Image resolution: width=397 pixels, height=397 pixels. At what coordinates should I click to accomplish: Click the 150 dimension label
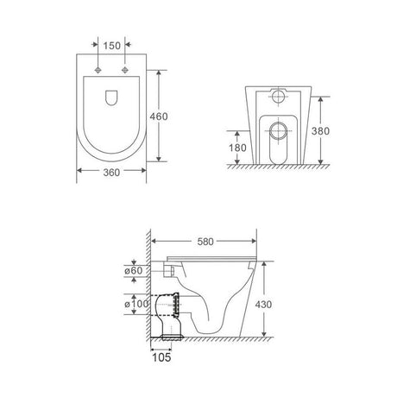click(x=111, y=46)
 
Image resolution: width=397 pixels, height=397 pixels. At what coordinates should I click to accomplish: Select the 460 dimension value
click(x=159, y=117)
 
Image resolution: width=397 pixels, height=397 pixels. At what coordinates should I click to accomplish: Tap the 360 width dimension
click(x=111, y=173)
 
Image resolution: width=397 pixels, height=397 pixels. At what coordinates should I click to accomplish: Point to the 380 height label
click(x=320, y=131)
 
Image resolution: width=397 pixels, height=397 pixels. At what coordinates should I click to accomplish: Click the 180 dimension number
click(x=237, y=148)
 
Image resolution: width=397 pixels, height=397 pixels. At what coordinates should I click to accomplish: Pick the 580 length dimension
click(x=205, y=242)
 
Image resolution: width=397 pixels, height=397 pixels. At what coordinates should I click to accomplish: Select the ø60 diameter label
click(x=134, y=271)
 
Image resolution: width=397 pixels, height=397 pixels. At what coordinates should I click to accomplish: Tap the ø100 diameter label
click(x=136, y=304)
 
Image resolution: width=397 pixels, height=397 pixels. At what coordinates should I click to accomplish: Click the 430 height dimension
click(x=263, y=305)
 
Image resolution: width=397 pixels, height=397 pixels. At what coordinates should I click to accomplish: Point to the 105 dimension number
click(x=161, y=357)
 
